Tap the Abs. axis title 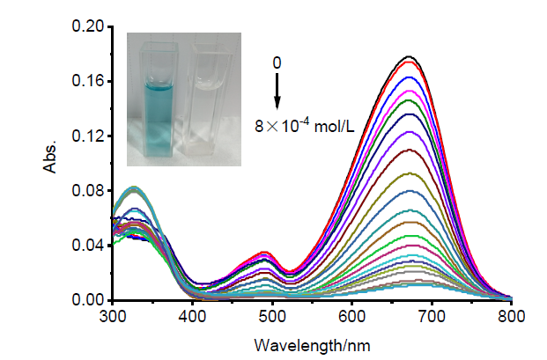coord(54,164)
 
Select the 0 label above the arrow coord(277,63)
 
